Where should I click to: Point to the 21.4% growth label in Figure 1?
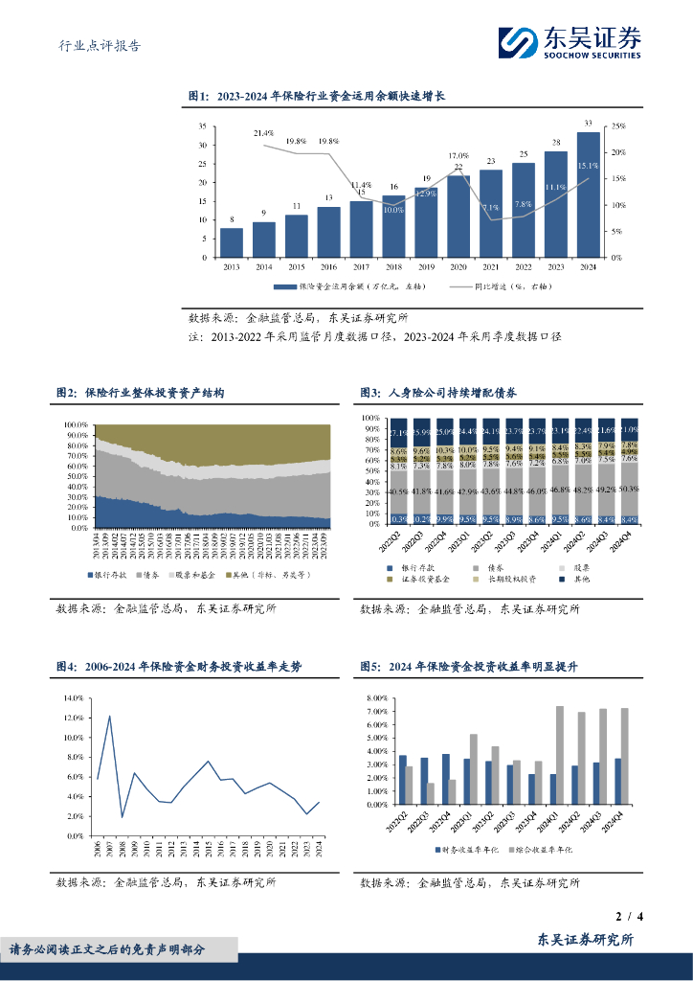coord(264,133)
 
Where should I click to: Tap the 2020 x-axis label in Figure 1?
coord(458,266)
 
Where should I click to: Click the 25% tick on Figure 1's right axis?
coord(619,125)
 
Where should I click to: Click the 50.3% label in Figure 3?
coord(628,489)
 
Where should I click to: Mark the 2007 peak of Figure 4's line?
coord(110,717)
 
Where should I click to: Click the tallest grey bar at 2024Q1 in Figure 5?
coord(559,755)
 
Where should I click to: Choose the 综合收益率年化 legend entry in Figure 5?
coord(540,850)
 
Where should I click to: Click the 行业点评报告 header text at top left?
coord(100,45)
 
